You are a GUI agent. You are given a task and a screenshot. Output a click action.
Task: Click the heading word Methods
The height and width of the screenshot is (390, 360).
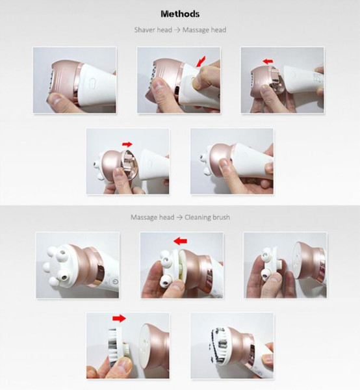pyautogui.click(x=180, y=14)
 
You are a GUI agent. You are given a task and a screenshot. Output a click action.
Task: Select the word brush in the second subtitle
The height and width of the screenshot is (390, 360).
pyautogui.click(x=221, y=217)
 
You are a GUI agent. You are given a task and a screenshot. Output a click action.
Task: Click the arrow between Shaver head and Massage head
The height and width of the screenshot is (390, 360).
pyautogui.click(x=177, y=30)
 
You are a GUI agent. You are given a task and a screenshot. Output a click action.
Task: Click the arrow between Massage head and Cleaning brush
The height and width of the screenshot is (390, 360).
pyautogui.click(x=179, y=217)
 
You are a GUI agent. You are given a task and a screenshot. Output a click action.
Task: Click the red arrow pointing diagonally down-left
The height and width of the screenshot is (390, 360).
pyautogui.click(x=201, y=62)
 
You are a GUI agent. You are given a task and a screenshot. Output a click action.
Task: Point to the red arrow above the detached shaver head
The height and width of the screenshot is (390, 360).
pyautogui.click(x=268, y=61)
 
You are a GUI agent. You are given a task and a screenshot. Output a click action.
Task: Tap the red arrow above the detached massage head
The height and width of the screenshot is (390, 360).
pyautogui.click(x=127, y=144)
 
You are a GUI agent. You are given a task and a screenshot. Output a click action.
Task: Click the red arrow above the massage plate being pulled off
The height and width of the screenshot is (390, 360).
pyautogui.click(x=180, y=240)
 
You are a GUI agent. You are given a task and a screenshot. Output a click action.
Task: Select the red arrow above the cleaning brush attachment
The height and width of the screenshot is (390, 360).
pyautogui.click(x=119, y=318)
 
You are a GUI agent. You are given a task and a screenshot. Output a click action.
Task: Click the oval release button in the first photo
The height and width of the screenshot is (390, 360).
pyautogui.click(x=92, y=82)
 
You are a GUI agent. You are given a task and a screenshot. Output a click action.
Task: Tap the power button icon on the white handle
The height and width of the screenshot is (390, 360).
pyautogui.click(x=115, y=281)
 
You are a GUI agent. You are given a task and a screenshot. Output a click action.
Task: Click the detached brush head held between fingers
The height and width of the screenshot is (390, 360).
pyautogui.click(x=118, y=344)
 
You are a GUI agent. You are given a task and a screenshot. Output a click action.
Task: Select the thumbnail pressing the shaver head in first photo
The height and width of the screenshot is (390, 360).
pyautogui.click(x=55, y=99)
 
